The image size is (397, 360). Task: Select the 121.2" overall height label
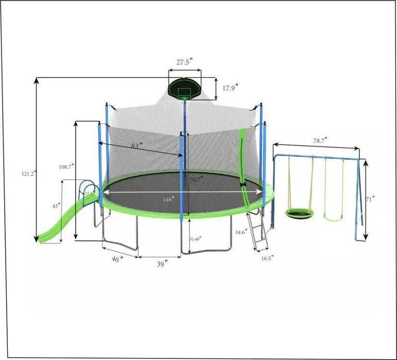(x=28, y=174)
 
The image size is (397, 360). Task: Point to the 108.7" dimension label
(x=66, y=167)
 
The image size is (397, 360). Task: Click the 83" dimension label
(x=136, y=146)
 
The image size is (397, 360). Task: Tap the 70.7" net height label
(x=196, y=179)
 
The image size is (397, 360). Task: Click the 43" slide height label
(x=55, y=205)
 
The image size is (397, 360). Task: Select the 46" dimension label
(x=117, y=259)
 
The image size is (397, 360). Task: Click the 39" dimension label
(x=162, y=264)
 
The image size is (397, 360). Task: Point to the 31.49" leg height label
(x=195, y=239)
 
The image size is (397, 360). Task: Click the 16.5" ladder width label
(x=266, y=258)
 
